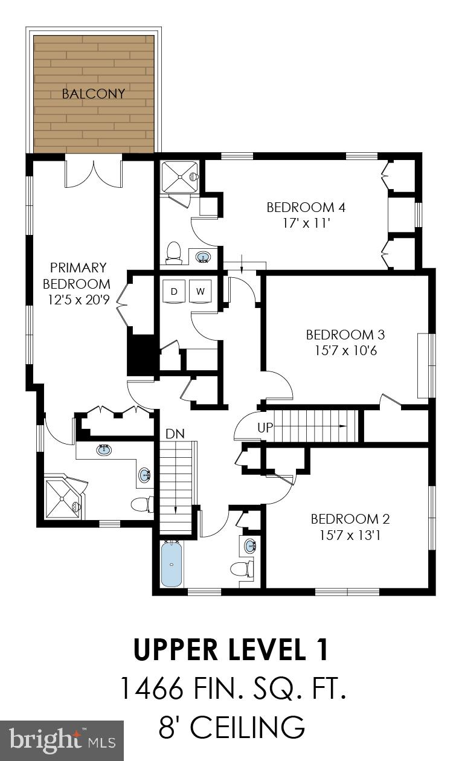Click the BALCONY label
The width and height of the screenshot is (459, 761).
click(x=94, y=94)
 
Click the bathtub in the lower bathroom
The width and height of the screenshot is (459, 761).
click(x=172, y=564)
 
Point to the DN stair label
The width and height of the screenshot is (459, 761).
click(x=175, y=434)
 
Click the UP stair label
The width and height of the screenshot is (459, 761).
click(x=266, y=428)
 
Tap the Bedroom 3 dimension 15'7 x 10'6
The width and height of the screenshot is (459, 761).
click(x=345, y=350)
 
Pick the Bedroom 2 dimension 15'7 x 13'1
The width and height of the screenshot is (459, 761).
click(x=350, y=535)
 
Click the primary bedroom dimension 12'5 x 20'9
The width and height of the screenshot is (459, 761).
click(x=79, y=300)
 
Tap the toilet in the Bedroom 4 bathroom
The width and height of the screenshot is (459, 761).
click(x=174, y=252)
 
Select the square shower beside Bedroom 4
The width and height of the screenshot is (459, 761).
click(x=179, y=175)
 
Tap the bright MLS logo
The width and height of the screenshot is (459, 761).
click(x=60, y=740)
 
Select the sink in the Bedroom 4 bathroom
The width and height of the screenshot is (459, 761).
click(x=204, y=258)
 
